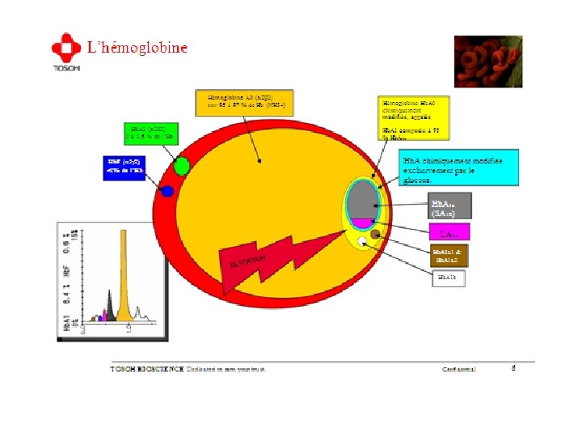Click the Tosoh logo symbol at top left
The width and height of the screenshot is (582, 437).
(65, 46)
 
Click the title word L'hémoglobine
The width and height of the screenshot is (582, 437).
(137, 48)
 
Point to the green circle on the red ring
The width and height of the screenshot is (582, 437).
(181, 167)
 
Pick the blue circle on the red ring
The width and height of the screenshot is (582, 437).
(167, 191)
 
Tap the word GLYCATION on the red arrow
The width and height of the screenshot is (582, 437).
(249, 261)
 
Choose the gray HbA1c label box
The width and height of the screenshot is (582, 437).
(449, 207)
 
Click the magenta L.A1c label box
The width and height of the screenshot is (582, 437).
(449, 232)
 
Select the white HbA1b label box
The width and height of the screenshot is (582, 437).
(446, 278)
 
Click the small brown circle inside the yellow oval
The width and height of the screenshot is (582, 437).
(375, 235)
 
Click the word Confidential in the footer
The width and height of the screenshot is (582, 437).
(459, 369)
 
